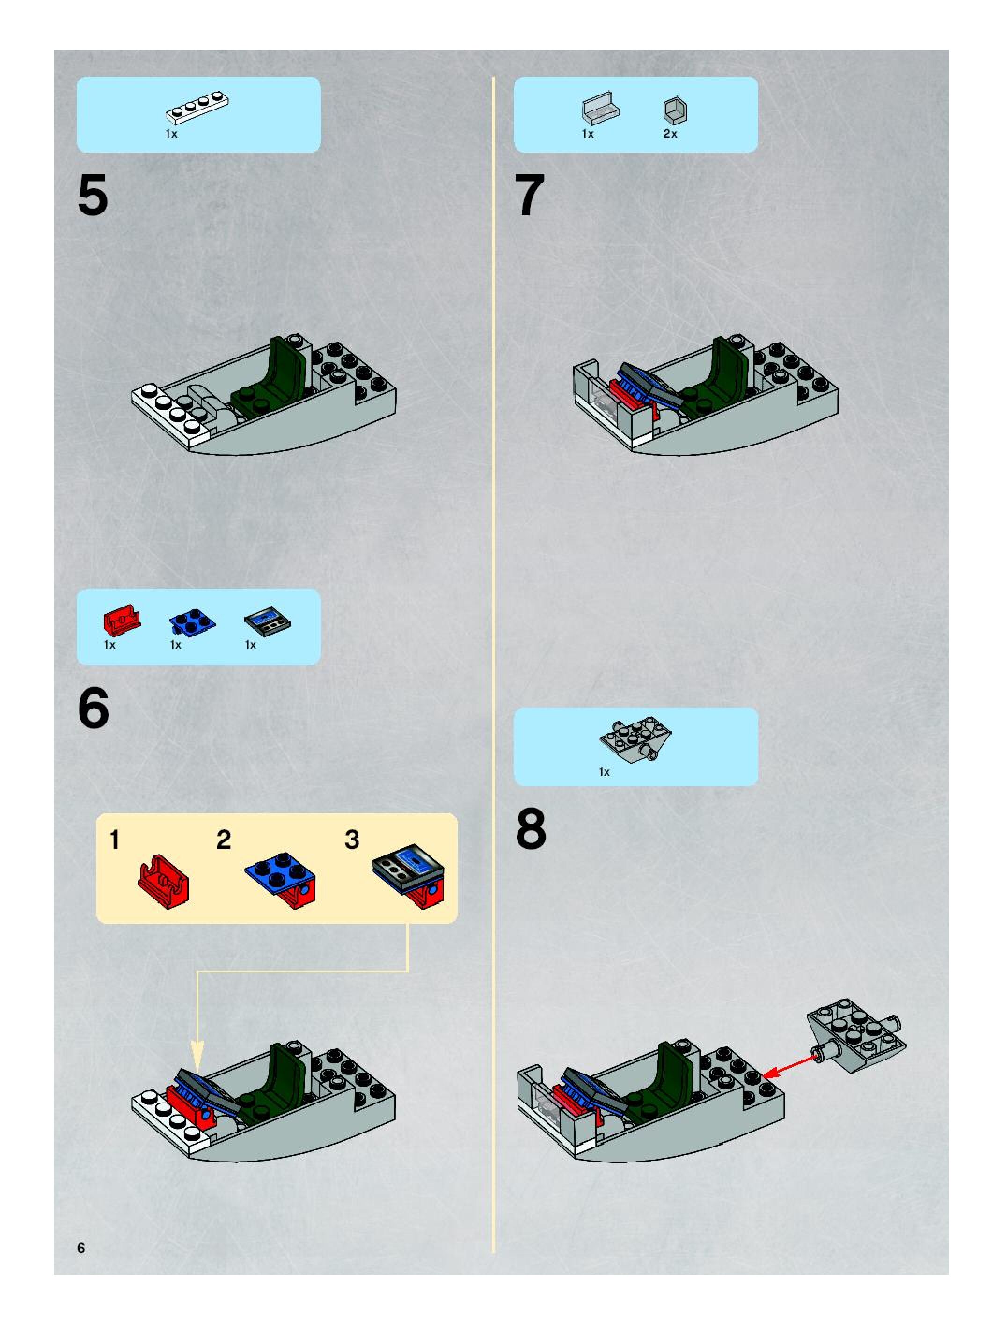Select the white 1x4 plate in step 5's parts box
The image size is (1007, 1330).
pos(197,108)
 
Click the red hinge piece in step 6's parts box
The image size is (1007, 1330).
pos(122,620)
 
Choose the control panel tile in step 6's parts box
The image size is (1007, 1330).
pos(267,621)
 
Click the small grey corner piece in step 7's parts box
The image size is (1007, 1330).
pos(675,110)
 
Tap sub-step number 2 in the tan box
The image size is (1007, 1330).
pos(224,840)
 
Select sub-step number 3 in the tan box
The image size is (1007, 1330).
pos(352,840)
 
